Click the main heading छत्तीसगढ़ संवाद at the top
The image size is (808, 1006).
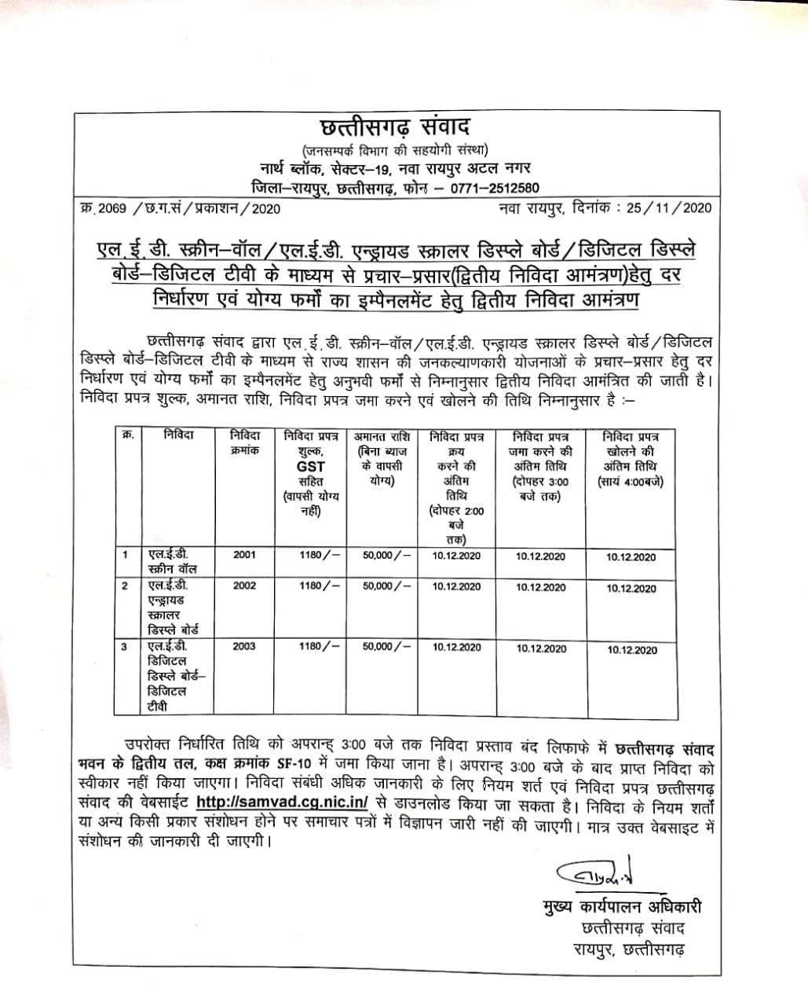(396, 128)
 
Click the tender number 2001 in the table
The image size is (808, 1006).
(244, 555)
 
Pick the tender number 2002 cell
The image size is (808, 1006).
(244, 586)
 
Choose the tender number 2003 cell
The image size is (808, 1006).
(244, 646)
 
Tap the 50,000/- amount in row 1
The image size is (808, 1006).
(386, 555)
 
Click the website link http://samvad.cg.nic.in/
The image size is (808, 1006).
(282, 802)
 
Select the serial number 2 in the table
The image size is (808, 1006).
(124, 586)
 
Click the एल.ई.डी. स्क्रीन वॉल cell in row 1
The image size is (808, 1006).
(173, 562)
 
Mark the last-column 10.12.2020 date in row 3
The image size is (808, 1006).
(631, 651)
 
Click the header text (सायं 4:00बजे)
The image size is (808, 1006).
(631, 482)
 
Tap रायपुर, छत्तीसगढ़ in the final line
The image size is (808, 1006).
(628, 949)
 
